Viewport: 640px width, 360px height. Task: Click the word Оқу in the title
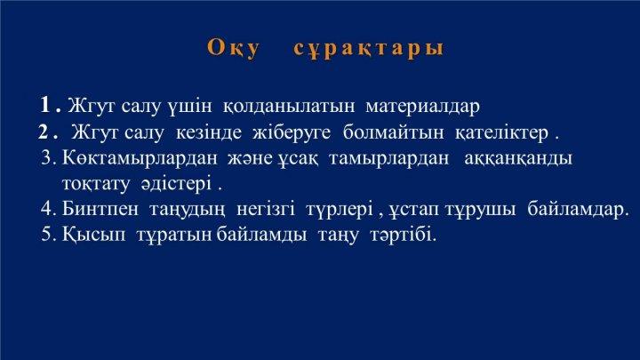233,49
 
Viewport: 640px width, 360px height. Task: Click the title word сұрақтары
369,49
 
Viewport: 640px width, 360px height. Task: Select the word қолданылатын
289,107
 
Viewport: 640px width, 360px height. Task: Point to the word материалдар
423,107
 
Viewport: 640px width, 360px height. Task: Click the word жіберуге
292,132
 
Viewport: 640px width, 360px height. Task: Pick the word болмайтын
393,132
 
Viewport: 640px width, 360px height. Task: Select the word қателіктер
501,133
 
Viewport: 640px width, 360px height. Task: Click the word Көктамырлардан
140,158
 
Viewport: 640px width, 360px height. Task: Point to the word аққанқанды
518,159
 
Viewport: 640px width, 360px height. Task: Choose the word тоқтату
96,184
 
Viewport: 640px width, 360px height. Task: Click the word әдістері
177,184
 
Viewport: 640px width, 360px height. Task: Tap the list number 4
48,209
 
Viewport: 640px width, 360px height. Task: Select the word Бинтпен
100,210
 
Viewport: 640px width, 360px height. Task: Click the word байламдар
578,210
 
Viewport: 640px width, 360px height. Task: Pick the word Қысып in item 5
94,235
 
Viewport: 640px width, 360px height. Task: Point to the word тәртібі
404,235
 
